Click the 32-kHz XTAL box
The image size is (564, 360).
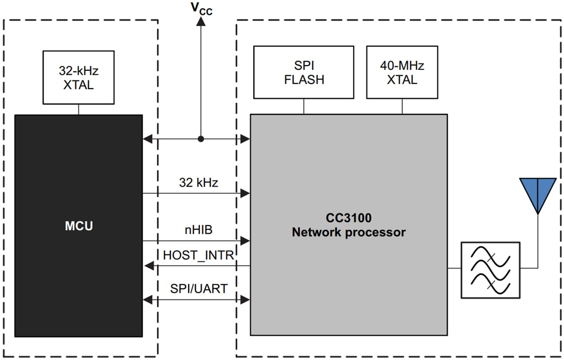[78, 77]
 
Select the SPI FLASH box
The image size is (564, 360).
[304, 72]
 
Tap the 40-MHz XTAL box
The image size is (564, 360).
[402, 72]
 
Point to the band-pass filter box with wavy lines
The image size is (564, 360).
[490, 270]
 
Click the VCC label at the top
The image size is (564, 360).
[200, 9]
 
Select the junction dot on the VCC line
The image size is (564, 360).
[200, 138]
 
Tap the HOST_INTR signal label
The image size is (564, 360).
[198, 255]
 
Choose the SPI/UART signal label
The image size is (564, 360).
[198, 289]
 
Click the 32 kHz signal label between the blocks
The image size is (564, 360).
[198, 183]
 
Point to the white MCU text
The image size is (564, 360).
[78, 226]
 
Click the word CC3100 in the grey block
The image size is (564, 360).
[349, 218]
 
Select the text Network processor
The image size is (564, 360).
[349, 232]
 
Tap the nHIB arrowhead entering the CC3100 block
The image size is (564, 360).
[246, 241]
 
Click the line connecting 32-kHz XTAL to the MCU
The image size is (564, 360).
[78, 109]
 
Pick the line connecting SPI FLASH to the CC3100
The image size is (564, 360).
[304, 106]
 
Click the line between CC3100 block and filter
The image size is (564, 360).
[454, 268]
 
